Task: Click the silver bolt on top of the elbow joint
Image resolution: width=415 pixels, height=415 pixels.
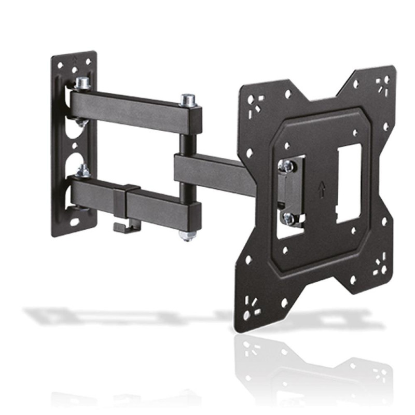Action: pyautogui.click(x=187, y=99)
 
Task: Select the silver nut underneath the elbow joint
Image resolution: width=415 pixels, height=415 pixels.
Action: pyautogui.click(x=187, y=236)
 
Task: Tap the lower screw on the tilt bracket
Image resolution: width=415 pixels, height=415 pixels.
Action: pyautogui.click(x=288, y=218)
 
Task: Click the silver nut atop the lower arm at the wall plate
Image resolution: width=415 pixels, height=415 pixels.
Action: pyautogui.click(x=83, y=170)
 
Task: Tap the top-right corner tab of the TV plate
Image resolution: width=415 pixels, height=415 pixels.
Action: pyautogui.click(x=381, y=83)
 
